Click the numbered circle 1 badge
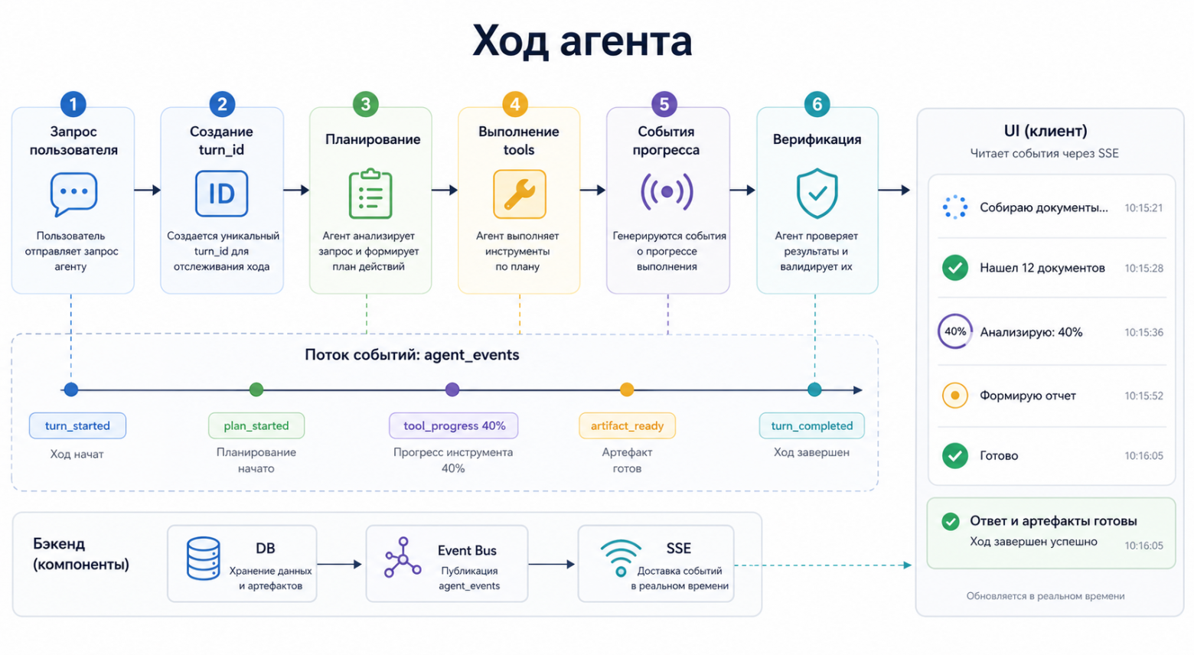pyautogui.click(x=73, y=104)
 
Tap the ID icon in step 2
pyautogui.click(x=221, y=194)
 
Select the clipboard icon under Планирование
pyautogui.click(x=370, y=194)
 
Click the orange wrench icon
pyautogui.click(x=519, y=194)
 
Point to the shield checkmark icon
pyautogui.click(x=817, y=194)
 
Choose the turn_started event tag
pyautogui.click(x=77, y=425)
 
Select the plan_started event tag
pyautogui.click(x=256, y=425)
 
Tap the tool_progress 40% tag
pyautogui.click(x=454, y=425)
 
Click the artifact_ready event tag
pyautogui.click(x=627, y=425)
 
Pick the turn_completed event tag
pyautogui.click(x=811, y=425)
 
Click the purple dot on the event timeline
pyautogui.click(x=452, y=389)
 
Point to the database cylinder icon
pyautogui.click(x=204, y=559)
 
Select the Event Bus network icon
pyautogui.click(x=403, y=557)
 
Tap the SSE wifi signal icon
pyautogui.click(x=621, y=559)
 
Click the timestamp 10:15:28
pyautogui.click(x=1143, y=268)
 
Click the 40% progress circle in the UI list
pyautogui.click(x=954, y=331)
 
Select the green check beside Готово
pyautogui.click(x=954, y=455)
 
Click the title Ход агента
pyautogui.click(x=582, y=41)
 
